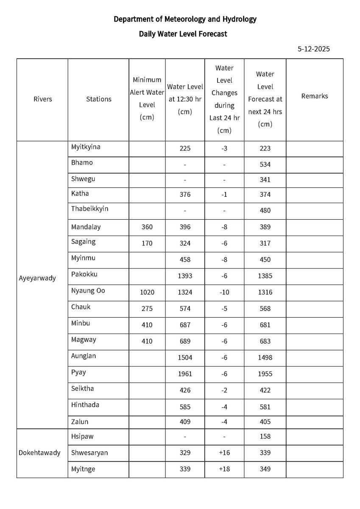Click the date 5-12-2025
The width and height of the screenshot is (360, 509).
pos(313,49)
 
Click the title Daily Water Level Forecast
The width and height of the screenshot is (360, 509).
pos(183,34)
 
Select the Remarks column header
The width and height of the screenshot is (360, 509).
pos(314,96)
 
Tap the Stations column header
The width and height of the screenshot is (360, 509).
pos(98,99)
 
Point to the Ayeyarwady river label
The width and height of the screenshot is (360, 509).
pos(37,279)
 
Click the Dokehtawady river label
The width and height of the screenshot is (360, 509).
pos(39,453)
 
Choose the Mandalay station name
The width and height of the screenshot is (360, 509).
pos(86,227)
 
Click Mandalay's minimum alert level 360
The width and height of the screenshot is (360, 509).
pos(147,227)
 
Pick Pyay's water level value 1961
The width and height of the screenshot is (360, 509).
pos(185,374)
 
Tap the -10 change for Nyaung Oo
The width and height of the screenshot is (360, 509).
pos(224,293)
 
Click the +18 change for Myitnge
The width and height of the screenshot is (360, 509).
pos(224,469)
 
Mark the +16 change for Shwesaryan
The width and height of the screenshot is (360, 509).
pos(224,453)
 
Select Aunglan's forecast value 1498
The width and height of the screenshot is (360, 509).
pos(265,358)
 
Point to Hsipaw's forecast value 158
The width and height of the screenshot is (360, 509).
pos(265,436)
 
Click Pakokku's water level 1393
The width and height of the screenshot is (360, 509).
pos(185,276)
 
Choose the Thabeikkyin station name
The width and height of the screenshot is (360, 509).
pos(89,209)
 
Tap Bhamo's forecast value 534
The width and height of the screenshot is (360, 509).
pos(265,165)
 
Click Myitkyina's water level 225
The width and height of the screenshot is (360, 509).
pos(185,148)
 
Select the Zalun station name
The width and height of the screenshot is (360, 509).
pos(80,422)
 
